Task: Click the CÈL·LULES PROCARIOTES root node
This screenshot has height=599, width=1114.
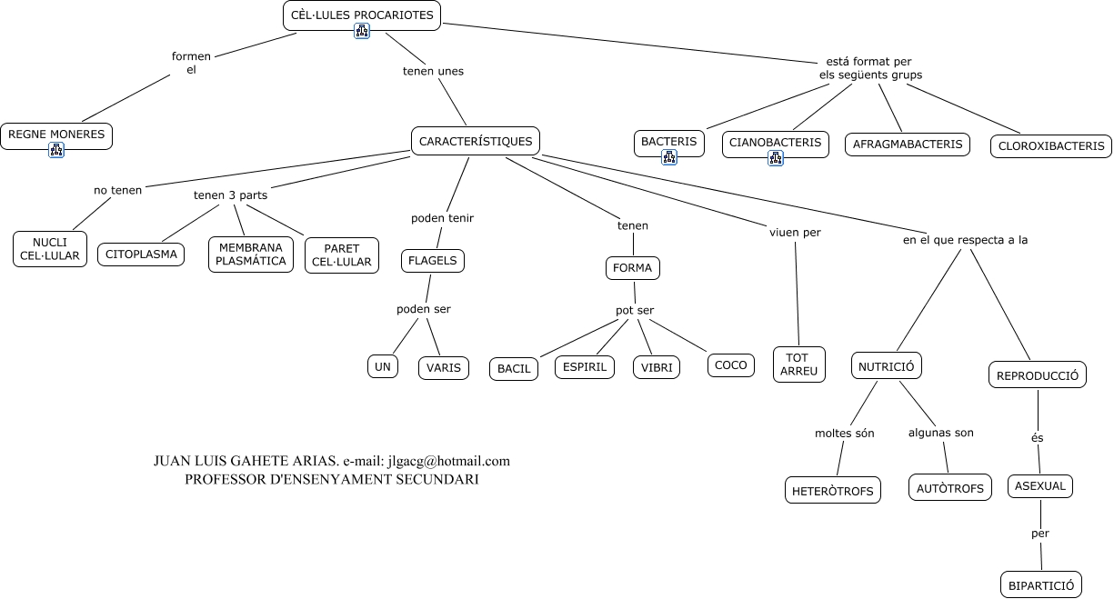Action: click(362, 15)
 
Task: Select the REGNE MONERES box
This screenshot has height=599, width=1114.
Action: click(56, 135)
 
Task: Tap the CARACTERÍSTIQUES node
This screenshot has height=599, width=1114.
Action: click(476, 141)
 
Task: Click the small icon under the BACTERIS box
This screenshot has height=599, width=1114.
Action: click(669, 157)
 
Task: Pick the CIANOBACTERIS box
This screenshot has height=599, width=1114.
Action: click(775, 142)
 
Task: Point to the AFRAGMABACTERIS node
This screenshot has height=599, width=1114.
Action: click(908, 145)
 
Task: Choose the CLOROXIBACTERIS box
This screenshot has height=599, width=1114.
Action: click(1050, 145)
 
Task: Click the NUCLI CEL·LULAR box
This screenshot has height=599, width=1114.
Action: click(50, 249)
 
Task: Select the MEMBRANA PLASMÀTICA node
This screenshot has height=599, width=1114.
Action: click(251, 255)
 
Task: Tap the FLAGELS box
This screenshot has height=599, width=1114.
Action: click(433, 261)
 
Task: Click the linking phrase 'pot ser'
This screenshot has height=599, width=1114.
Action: click(635, 310)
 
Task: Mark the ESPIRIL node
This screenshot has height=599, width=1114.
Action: click(585, 367)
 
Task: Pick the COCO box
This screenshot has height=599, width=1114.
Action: click(730, 365)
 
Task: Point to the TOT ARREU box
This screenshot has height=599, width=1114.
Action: click(799, 364)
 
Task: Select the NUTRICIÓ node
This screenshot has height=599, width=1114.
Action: click(887, 366)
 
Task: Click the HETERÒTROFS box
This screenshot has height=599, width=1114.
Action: click(832, 491)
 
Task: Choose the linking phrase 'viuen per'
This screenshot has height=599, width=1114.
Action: click(795, 233)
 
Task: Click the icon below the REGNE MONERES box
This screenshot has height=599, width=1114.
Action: click(56, 150)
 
